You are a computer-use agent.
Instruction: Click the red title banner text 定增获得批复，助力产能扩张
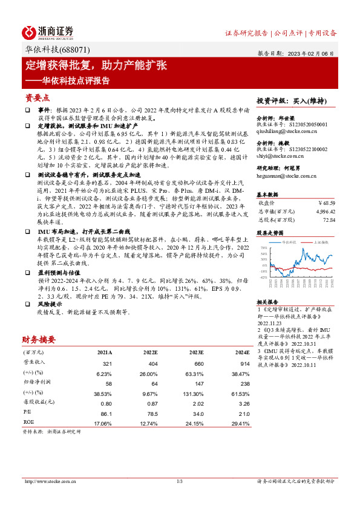click(x=96, y=65)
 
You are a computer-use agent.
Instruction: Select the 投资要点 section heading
click(x=37, y=97)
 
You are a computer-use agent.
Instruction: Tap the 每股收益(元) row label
click(x=37, y=403)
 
